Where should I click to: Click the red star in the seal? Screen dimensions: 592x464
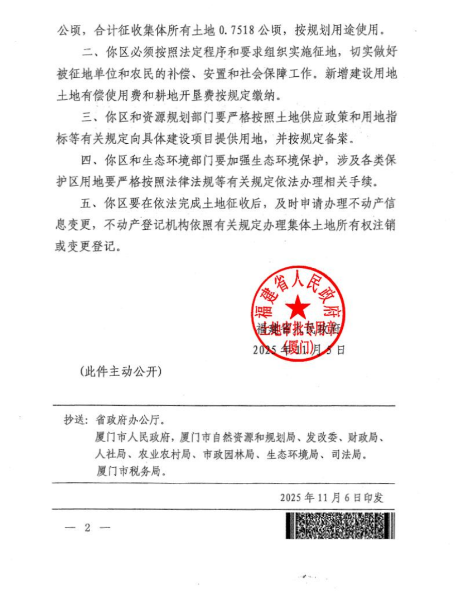pos(299,309)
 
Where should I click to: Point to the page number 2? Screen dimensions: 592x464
pos(87,528)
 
